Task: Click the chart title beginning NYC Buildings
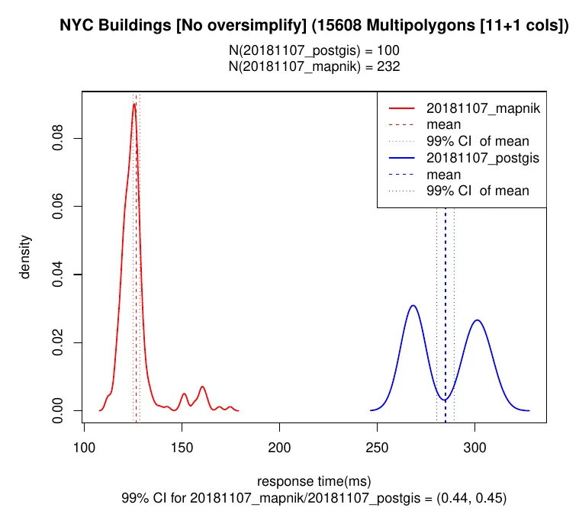click(314, 27)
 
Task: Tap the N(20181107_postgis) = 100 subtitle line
click(314, 51)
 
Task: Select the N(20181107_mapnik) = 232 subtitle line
click(314, 66)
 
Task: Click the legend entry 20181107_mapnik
click(483, 109)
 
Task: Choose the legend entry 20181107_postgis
click(482, 159)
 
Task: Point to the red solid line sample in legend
click(403, 109)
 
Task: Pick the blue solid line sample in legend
click(403, 159)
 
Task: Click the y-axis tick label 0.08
click(58, 138)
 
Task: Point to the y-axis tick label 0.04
click(58, 275)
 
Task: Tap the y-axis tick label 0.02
click(58, 342)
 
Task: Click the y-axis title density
click(26, 256)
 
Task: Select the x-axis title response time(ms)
click(314, 481)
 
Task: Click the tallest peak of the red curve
click(134, 104)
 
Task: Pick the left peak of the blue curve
click(413, 306)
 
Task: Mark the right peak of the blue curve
click(478, 320)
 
